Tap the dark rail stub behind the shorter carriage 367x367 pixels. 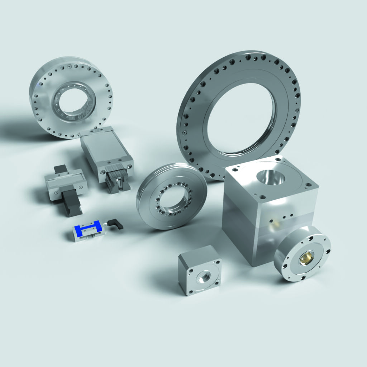60,169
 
